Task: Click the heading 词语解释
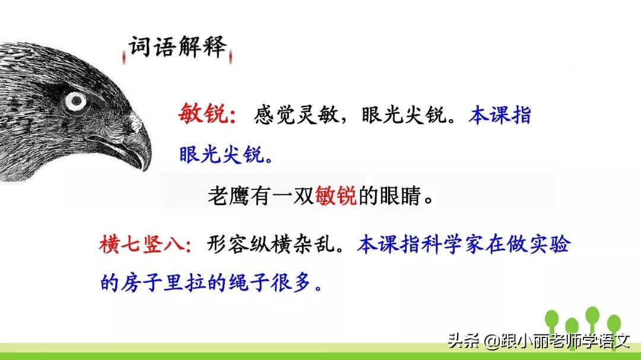pyautogui.click(x=178, y=47)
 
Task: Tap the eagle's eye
pyautogui.click(x=75, y=101)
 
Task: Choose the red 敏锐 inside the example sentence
pyautogui.click(x=336, y=196)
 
